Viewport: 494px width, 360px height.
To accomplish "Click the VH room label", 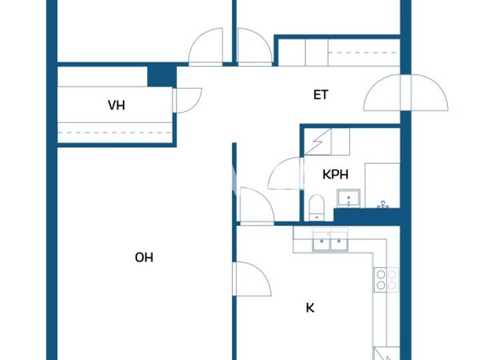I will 116,105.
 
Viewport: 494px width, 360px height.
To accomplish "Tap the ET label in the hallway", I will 320,95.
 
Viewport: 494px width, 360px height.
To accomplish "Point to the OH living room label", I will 143,257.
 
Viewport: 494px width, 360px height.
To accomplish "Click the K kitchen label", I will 309,308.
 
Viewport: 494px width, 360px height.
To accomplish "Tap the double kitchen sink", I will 329,242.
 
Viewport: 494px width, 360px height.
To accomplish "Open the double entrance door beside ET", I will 405,94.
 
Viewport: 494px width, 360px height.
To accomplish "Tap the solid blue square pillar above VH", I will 161,75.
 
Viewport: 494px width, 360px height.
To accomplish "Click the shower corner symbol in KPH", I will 318,141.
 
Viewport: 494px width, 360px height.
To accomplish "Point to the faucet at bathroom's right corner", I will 383,204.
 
